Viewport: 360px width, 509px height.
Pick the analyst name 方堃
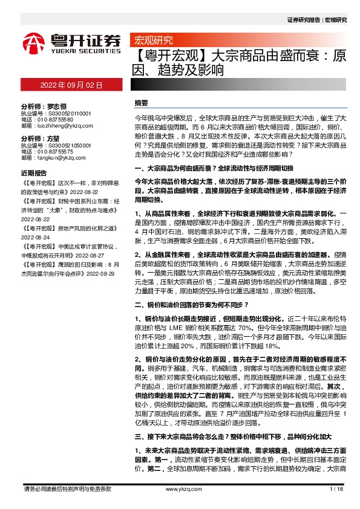(56, 138)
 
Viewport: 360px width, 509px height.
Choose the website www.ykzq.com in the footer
(180, 489)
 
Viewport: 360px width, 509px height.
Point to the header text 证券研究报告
(303, 20)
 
